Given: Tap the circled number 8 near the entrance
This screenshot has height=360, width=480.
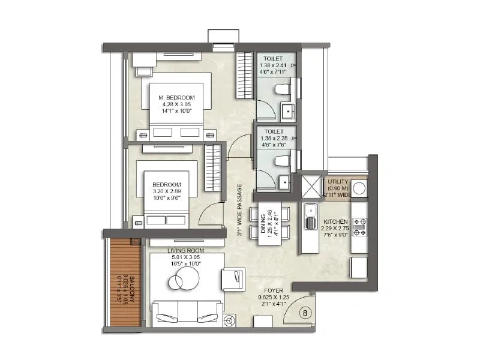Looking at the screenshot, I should (305, 313).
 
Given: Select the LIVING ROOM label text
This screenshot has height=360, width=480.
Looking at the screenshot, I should (186, 250).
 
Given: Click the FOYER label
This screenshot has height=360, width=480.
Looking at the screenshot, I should (273, 290).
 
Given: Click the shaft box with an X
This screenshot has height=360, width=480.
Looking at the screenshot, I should (311, 187).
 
